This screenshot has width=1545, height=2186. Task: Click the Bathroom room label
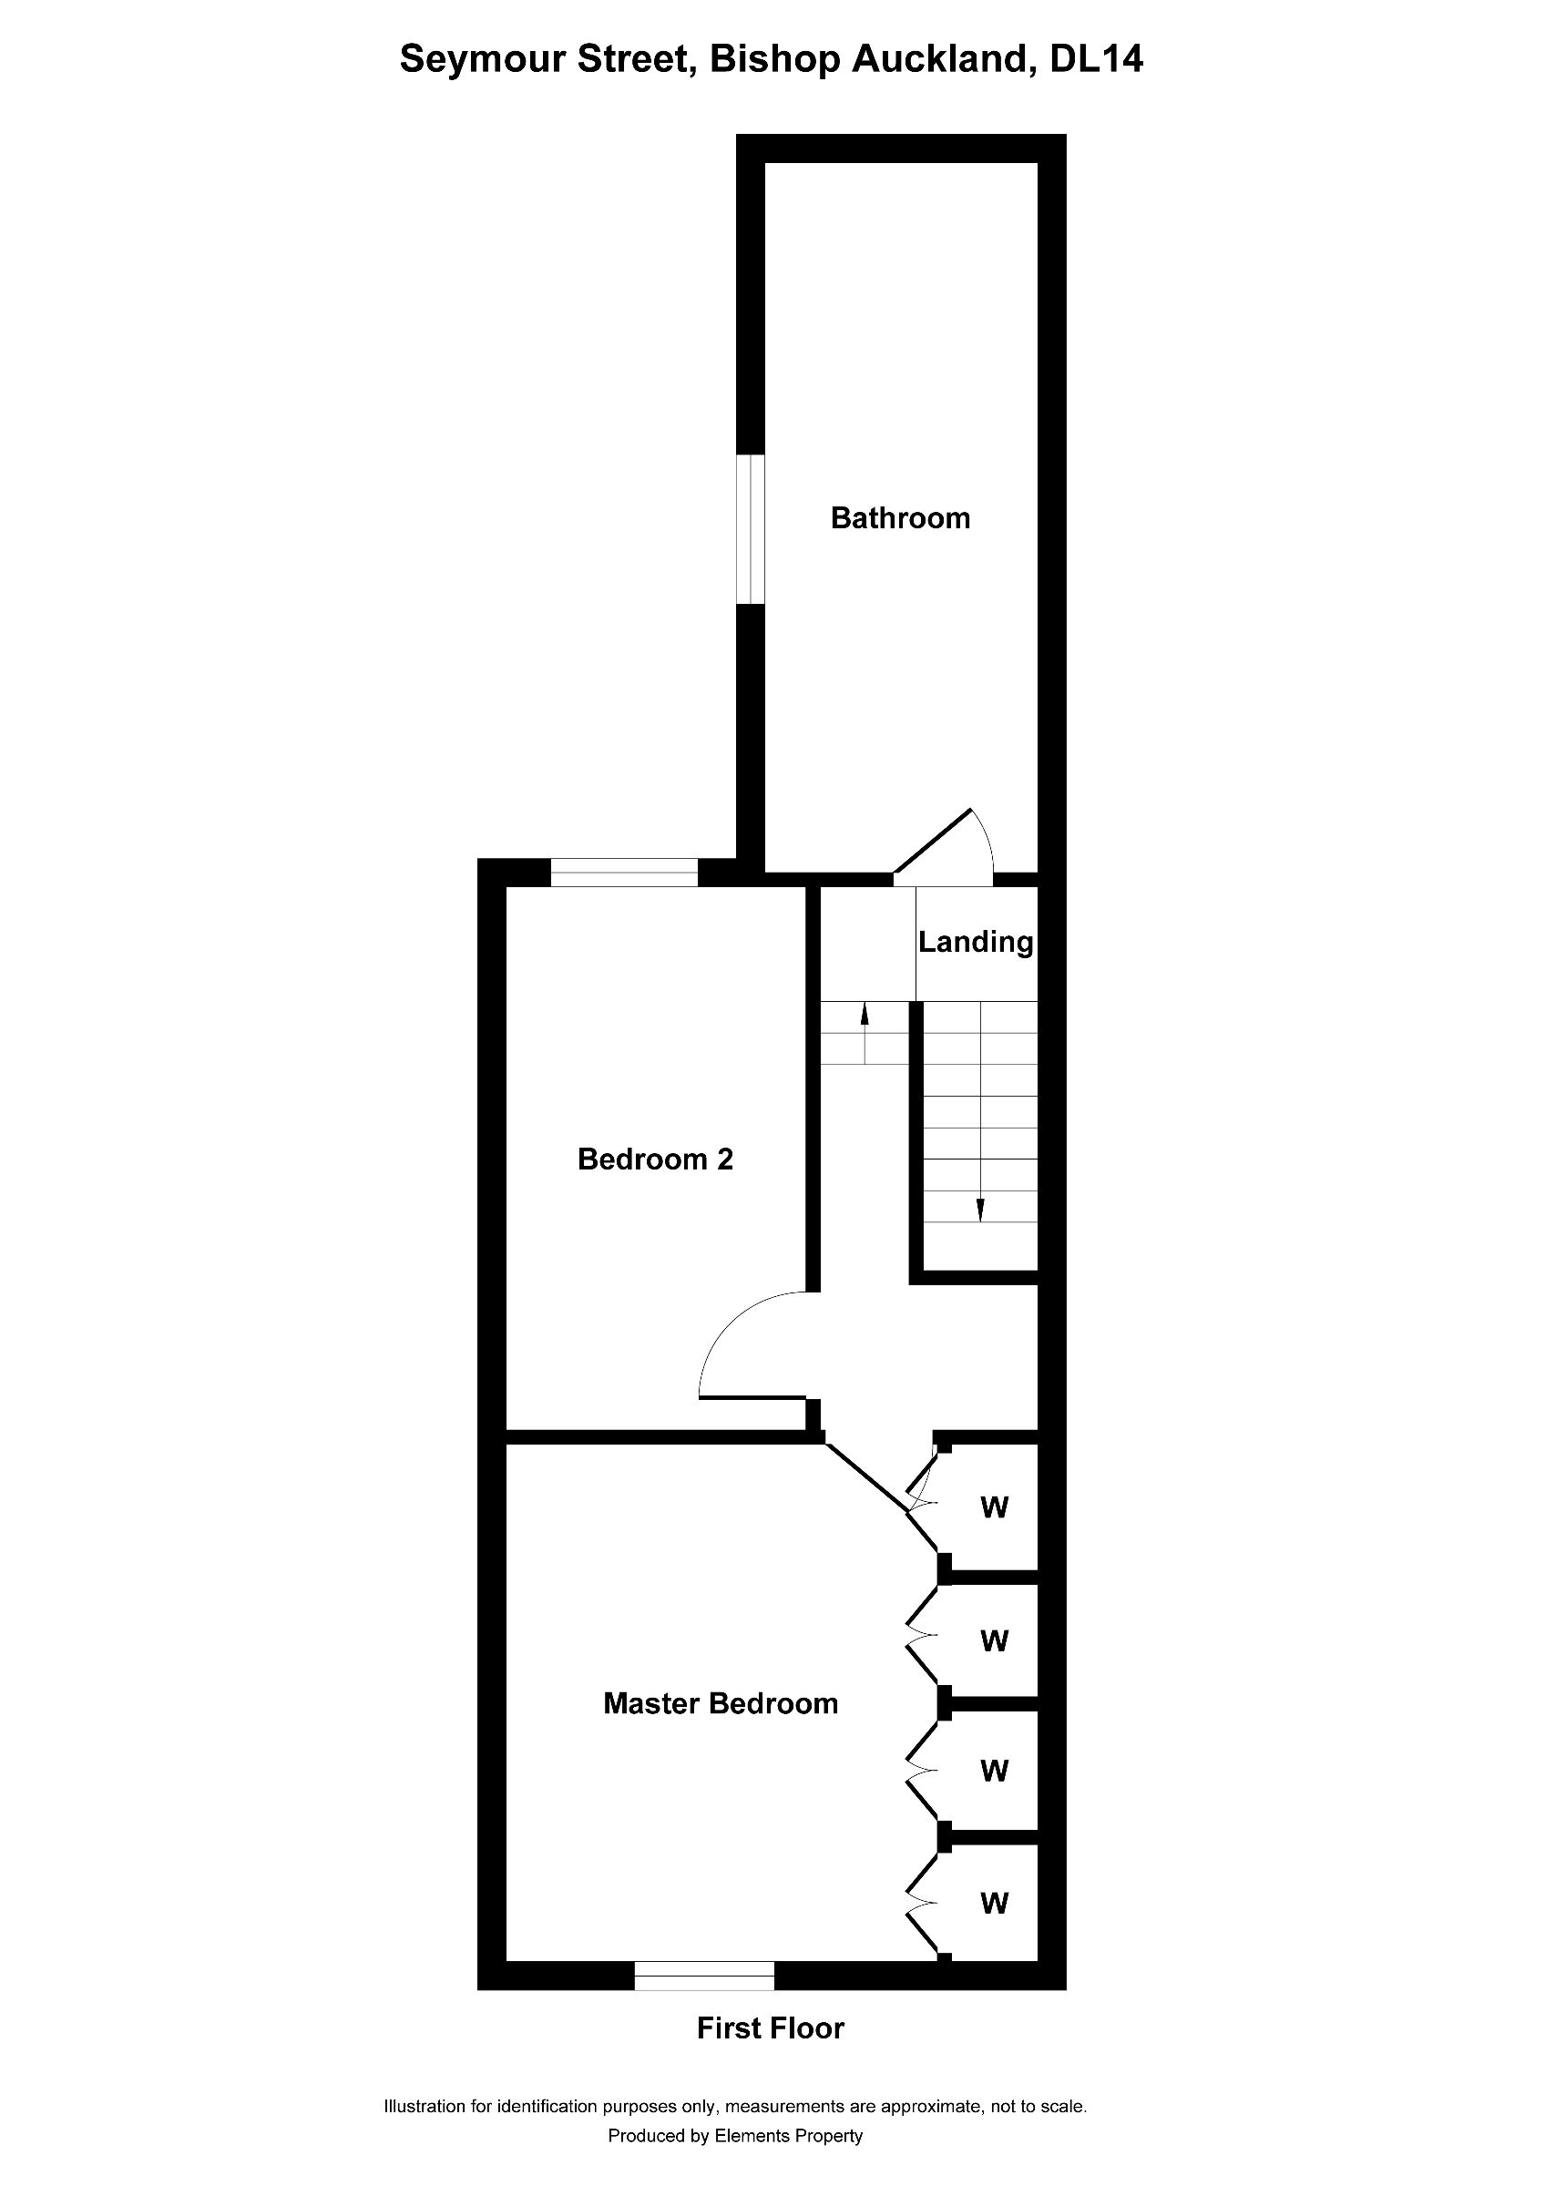pyautogui.click(x=900, y=518)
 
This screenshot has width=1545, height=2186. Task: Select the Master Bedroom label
pyautogui.click(x=721, y=1703)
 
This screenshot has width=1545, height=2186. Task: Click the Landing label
pyautogui.click(x=975, y=942)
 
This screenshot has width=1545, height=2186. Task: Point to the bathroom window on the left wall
pyautogui.click(x=751, y=528)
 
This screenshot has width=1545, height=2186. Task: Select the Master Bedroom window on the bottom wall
pyautogui.click(x=703, y=1976)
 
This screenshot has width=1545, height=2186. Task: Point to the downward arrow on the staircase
pyautogui.click(x=979, y=1210)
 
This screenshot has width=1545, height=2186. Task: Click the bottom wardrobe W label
pyautogui.click(x=994, y=1904)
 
